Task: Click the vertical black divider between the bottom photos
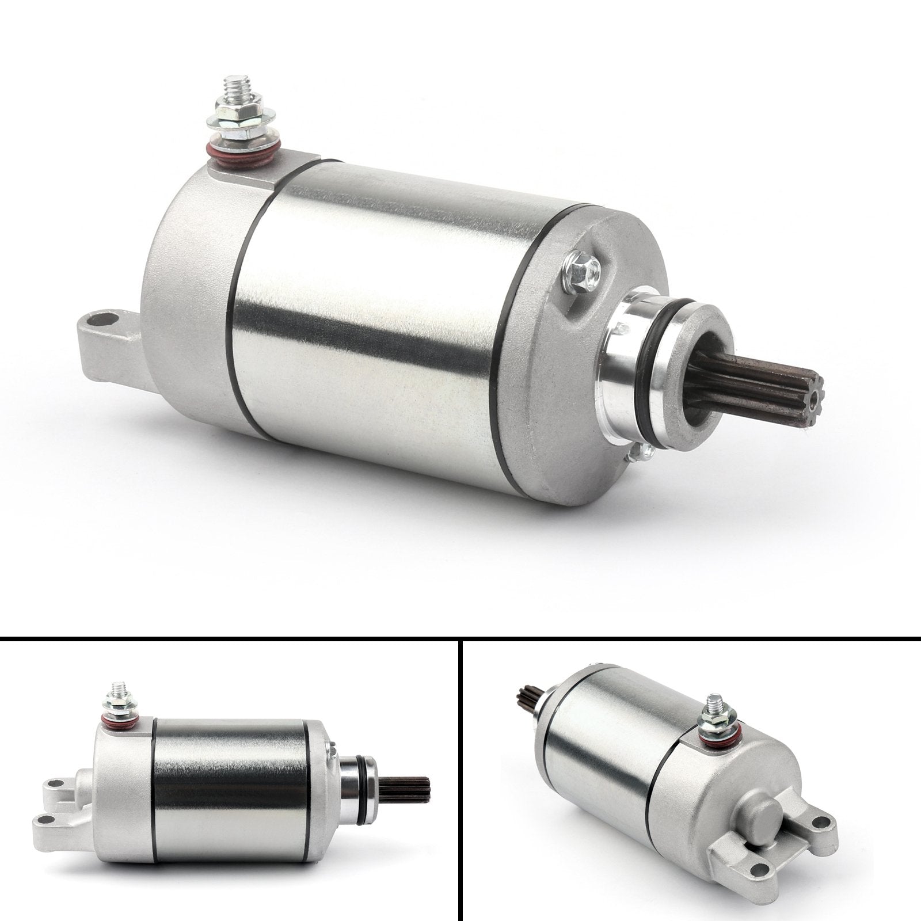[x=461, y=777]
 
